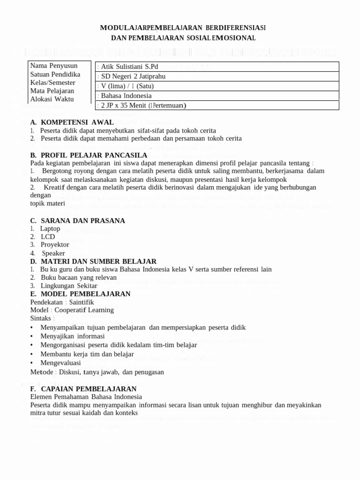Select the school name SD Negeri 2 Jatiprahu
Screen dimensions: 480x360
pyautogui.click(x=133, y=76)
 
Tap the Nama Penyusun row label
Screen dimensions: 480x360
pyautogui.click(x=53, y=66)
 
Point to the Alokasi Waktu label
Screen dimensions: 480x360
pyautogui.click(x=52, y=99)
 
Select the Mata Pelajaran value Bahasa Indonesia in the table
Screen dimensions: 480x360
pyautogui.click(x=126, y=96)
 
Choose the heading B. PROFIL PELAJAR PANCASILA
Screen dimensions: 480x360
pyautogui.click(x=89, y=155)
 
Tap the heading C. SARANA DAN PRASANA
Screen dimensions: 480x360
pyautogui.click(x=77, y=220)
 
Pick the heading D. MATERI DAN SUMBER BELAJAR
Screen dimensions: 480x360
pyautogui.click(x=93, y=261)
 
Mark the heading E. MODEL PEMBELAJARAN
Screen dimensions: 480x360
pyautogui.click(x=80, y=293)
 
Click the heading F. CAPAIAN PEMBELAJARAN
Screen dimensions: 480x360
pyautogui.click(x=83, y=389)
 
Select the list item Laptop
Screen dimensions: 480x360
pyautogui.click(x=50, y=228)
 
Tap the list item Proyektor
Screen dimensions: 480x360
pyautogui.click(x=54, y=245)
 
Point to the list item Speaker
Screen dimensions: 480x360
pyautogui.click(x=53, y=253)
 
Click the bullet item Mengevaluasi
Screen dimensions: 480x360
pyautogui.click(x=60, y=363)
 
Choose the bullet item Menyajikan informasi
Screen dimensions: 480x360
pyautogui.click(x=72, y=336)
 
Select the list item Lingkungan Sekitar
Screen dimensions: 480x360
pyautogui.click(x=69, y=285)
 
